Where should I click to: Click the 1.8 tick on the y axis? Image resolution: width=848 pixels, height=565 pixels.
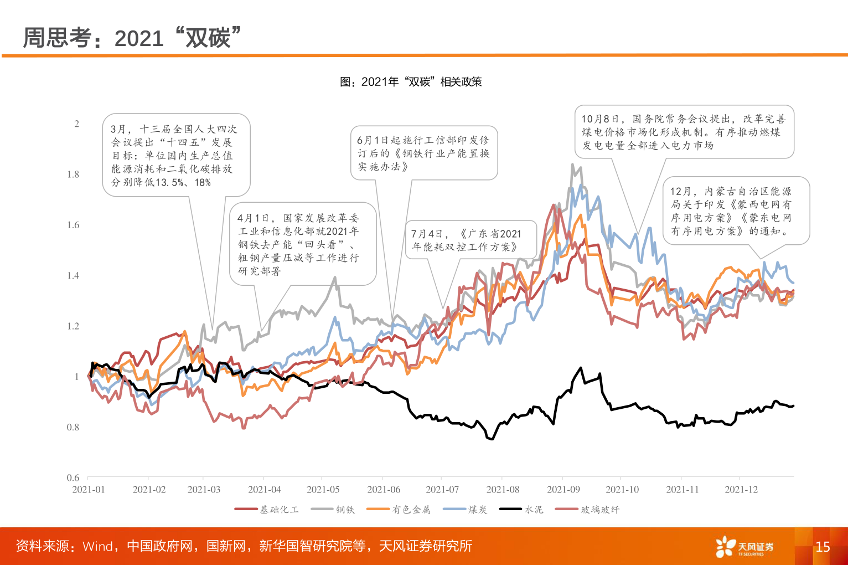tap(73, 174)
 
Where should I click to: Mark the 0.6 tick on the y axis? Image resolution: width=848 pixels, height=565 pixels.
tap(73, 477)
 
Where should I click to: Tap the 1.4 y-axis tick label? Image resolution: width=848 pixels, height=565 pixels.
tap(73, 276)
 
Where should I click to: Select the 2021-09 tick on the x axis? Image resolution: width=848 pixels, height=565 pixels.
tap(563, 490)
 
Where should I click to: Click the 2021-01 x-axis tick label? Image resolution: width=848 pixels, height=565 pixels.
tap(89, 490)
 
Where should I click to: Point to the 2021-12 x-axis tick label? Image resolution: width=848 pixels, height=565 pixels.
tap(741, 490)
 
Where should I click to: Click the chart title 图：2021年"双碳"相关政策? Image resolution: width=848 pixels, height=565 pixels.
tap(411, 82)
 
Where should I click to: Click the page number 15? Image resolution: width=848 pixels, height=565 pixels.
tap(823, 547)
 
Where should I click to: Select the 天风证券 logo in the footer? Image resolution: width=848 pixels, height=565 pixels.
tap(744, 547)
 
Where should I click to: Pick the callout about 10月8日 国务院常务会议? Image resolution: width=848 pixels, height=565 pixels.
tap(684, 132)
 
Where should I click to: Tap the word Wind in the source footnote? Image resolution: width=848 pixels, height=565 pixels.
tap(97, 546)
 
